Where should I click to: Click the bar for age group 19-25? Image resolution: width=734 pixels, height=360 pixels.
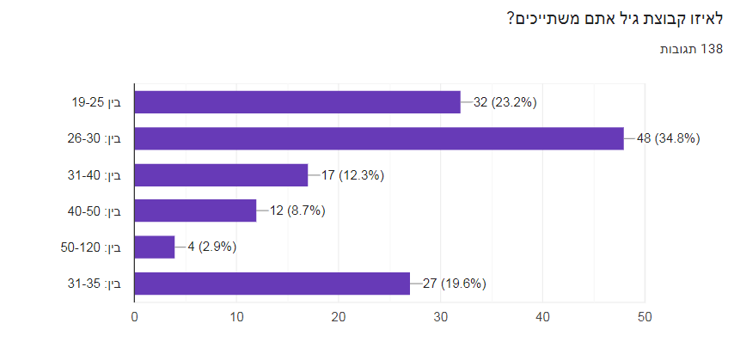point(297,102)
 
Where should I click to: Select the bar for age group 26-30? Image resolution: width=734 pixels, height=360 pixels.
point(379,138)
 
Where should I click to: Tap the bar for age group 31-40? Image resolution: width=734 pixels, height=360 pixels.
point(221,175)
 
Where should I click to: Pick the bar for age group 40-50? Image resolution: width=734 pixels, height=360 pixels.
point(195,211)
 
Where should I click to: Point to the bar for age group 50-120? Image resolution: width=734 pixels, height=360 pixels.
point(155,247)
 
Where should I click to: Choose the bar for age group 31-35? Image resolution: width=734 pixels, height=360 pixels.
point(272,284)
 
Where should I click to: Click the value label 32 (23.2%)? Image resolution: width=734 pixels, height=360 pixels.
point(505,102)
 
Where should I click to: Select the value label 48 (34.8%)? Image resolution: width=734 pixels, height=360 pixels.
point(668,138)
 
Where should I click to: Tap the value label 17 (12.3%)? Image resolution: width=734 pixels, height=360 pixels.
point(352,175)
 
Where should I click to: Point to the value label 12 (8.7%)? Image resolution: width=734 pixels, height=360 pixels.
point(297,211)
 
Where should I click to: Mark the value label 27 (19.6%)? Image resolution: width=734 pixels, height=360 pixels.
point(455,284)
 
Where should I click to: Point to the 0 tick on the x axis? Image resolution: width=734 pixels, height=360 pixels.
point(135,317)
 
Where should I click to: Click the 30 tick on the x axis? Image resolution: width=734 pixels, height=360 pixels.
point(440,317)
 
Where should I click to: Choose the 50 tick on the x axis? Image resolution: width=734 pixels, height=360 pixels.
point(644,317)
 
